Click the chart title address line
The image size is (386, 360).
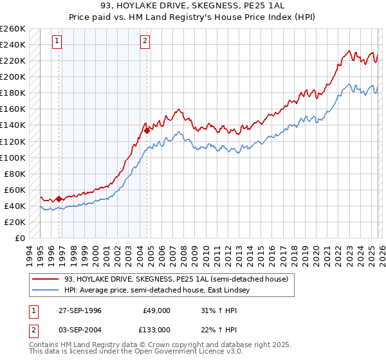point(193,6)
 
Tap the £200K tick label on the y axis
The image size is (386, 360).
point(13,76)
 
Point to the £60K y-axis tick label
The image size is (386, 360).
point(15,190)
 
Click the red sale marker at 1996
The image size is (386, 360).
point(59,199)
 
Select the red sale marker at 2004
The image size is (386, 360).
point(147,130)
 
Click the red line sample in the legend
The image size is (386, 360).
point(47,278)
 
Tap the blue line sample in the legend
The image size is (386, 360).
point(47,291)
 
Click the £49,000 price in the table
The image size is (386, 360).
point(156,311)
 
